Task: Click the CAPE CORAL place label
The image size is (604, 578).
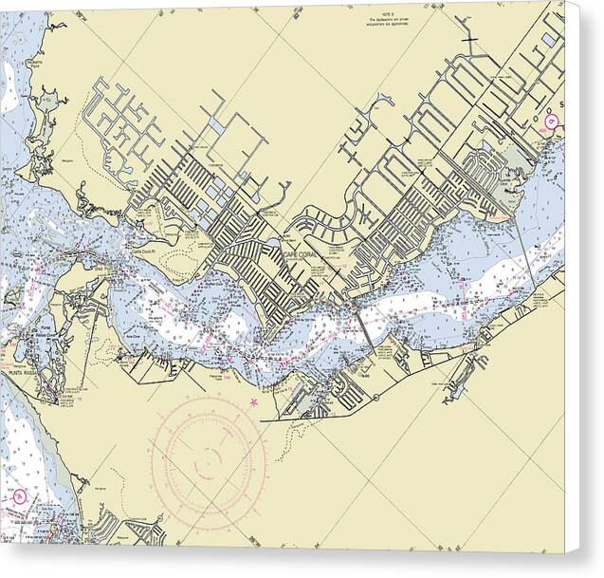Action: tap(301, 254)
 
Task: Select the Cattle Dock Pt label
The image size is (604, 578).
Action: tap(142, 251)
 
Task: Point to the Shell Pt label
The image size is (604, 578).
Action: tap(101, 269)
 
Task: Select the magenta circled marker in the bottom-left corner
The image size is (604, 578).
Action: tap(20, 495)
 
